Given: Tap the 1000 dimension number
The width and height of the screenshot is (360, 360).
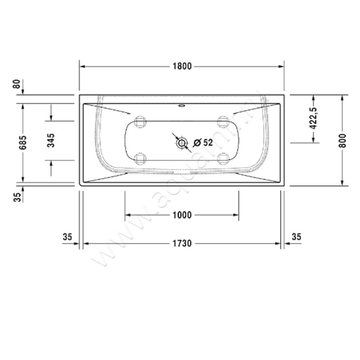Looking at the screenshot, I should coord(181,215).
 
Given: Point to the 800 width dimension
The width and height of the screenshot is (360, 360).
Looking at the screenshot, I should coord(343,140).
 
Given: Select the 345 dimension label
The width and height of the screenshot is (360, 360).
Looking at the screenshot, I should coord(51,140).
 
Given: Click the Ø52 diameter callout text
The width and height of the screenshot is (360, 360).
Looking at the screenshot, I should coord(203,143).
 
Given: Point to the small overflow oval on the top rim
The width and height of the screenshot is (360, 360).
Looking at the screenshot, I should coord(181,107).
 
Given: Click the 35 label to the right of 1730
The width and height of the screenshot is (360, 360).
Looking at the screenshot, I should coord(297,237).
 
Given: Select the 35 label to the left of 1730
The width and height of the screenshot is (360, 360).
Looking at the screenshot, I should coord(67,237).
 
